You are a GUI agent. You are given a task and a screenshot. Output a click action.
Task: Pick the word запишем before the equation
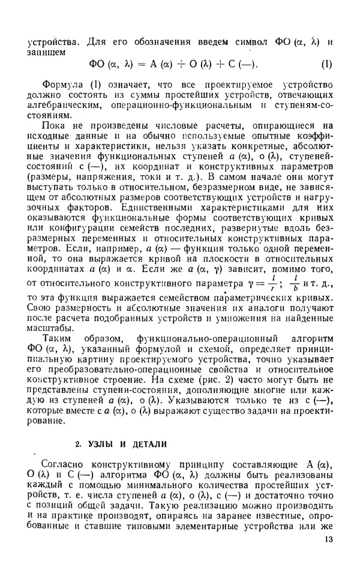[46, 52]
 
